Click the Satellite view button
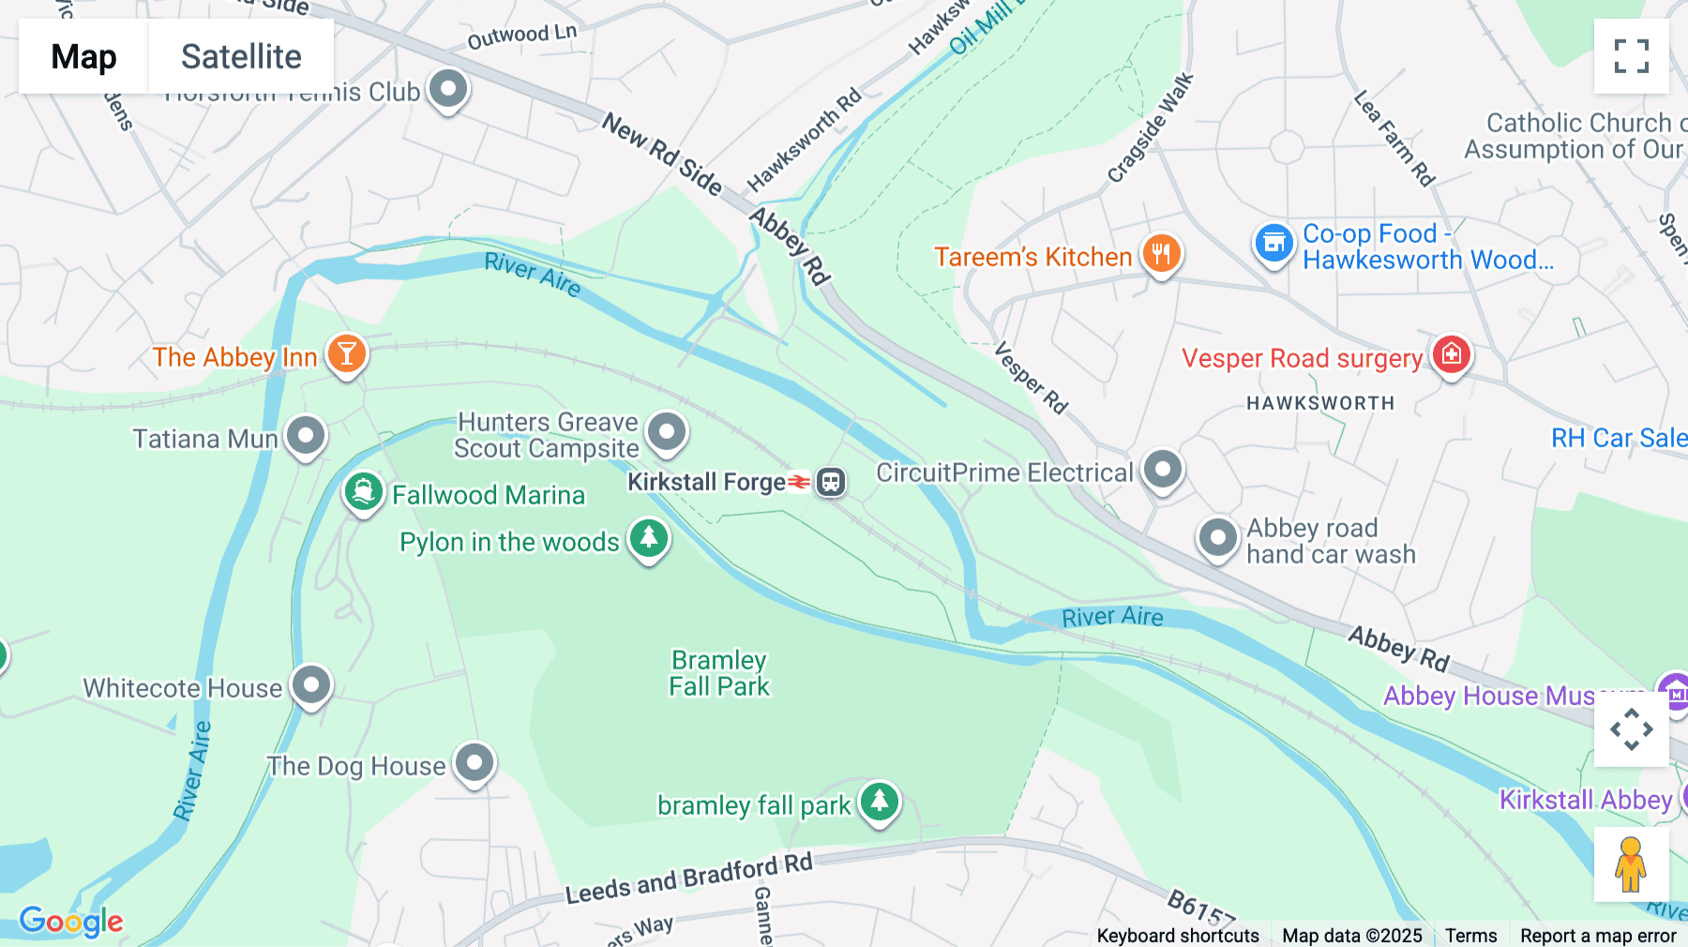241,56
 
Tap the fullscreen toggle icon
1631,56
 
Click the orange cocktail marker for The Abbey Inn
347,354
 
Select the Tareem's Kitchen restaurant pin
1161,253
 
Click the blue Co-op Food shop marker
1274,244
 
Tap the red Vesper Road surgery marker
1451,355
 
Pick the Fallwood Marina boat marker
364,491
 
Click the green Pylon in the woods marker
649,539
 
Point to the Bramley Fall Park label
719,673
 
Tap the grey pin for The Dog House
475,763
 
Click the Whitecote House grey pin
311,685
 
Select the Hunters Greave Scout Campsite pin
667,432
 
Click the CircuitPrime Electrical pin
1163,469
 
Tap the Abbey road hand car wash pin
1218,538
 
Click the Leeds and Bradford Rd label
688,879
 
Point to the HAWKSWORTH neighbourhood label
1320,403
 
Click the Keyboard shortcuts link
1178,935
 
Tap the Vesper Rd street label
1031,378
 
